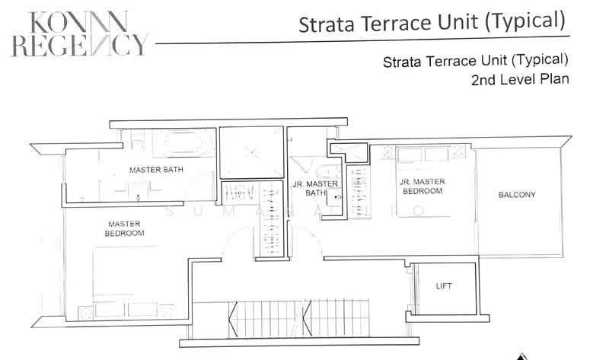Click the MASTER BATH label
click(x=155, y=169)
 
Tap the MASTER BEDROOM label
click(x=125, y=228)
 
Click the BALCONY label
click(x=517, y=195)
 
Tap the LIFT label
click(x=444, y=286)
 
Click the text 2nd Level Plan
click(x=519, y=79)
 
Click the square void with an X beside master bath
click(x=251, y=152)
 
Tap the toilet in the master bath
click(x=137, y=141)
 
